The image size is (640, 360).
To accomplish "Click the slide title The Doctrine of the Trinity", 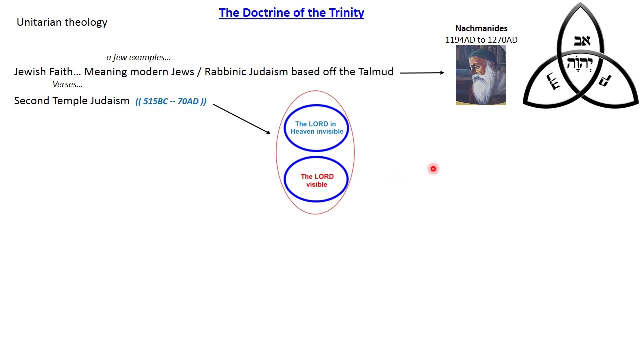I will point(291,13).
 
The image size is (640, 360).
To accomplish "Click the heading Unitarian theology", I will point(62,22).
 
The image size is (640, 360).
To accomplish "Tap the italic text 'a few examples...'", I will point(138,57).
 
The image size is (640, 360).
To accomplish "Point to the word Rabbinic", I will point(225,72).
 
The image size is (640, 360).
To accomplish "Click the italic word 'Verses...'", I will point(67,84).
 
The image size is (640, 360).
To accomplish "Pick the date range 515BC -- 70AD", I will point(171,101).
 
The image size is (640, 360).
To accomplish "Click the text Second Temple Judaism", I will point(71,101).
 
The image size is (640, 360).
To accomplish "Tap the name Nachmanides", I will point(481,28).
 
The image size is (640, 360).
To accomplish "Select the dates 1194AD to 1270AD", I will point(481,40).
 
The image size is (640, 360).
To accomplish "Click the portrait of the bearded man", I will point(480,75).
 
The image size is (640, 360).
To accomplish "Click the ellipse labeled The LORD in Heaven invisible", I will point(316,128).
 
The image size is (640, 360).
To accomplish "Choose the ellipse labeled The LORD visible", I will point(316,180).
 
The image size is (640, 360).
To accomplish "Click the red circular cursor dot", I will point(433,169).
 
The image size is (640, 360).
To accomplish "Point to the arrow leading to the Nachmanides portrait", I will point(422,73).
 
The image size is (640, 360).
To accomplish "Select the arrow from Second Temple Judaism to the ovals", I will point(241,119).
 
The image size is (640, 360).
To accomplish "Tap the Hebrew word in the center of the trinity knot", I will point(580,64).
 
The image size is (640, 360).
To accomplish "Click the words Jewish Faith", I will point(43,72).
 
